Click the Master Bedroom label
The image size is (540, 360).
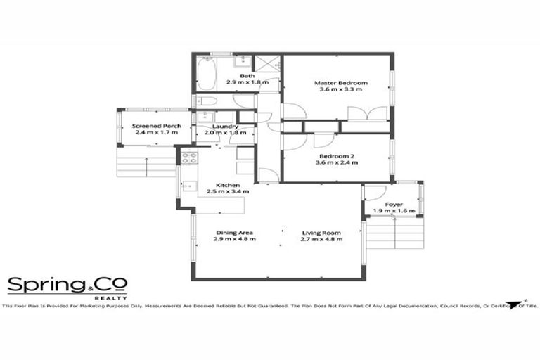[x=341, y=83]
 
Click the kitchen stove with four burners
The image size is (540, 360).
[x=188, y=159]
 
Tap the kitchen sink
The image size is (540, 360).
[x=189, y=187]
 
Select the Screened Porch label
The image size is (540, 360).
[x=157, y=126]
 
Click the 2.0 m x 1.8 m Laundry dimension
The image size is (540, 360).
[x=225, y=132]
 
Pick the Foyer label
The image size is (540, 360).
[x=394, y=204]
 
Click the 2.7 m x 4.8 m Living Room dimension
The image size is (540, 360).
[x=321, y=239]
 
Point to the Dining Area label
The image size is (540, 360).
[x=234, y=233]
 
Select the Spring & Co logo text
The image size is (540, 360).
[x=67, y=284]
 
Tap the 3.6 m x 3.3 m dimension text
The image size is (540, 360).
[x=341, y=90]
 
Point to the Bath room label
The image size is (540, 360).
[x=247, y=75]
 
